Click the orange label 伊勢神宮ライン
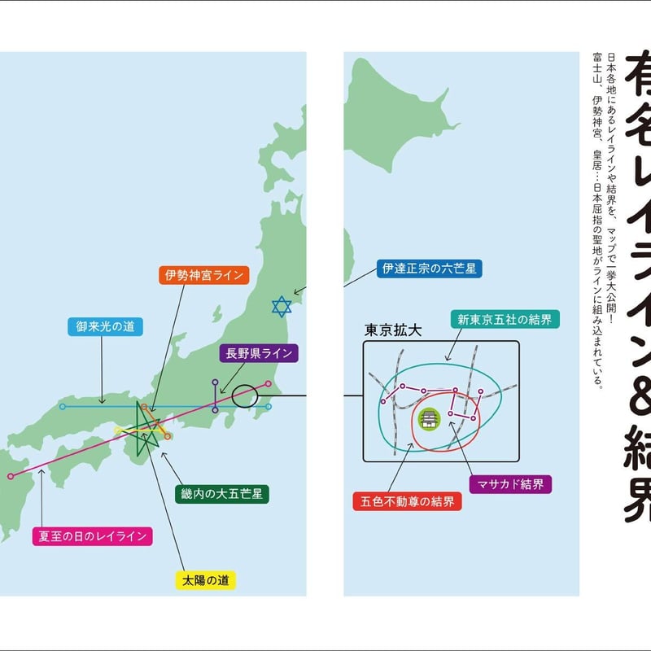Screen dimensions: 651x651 (204, 275)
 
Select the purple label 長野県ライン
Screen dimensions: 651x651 (259, 353)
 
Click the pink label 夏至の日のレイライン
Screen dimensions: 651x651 (92, 535)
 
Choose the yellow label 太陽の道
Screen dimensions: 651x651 (205, 580)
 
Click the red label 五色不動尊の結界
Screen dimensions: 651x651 (407, 500)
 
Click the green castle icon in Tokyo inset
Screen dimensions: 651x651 (428, 419)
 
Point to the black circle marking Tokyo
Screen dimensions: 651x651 (244, 396)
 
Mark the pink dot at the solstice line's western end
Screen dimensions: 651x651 (10, 477)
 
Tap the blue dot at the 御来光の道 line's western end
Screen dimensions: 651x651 (62, 406)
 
